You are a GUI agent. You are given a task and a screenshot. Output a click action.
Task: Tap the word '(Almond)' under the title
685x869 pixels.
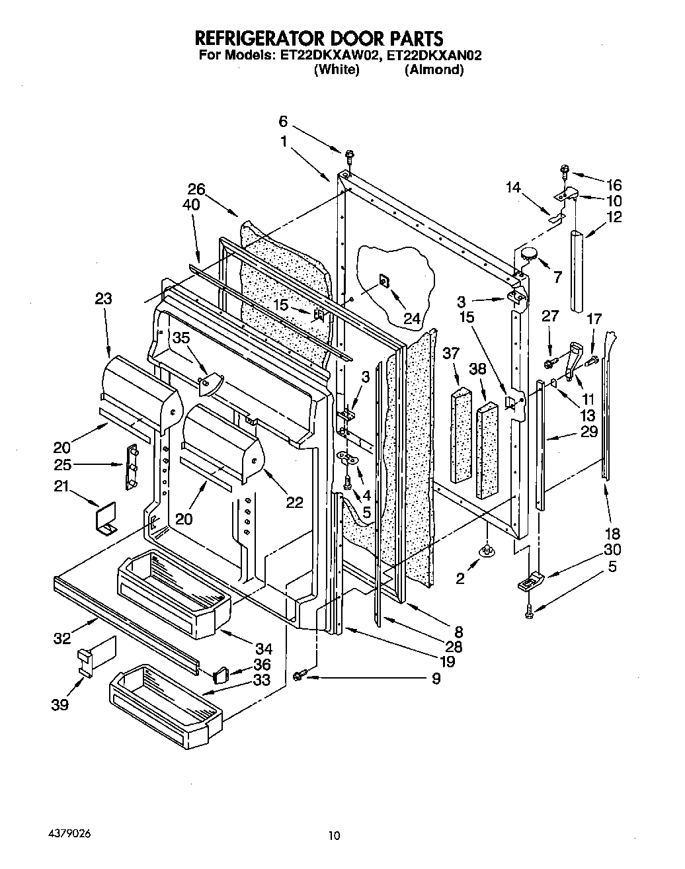[x=434, y=69]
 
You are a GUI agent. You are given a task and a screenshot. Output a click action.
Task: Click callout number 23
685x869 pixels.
[x=103, y=299]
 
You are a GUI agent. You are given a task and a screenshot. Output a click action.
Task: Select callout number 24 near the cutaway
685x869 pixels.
[x=412, y=319]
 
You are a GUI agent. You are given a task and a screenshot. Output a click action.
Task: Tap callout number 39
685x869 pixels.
[x=60, y=705]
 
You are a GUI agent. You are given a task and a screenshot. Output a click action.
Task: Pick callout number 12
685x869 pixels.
[x=614, y=216]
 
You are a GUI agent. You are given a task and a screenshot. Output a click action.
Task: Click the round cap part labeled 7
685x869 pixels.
[x=529, y=253]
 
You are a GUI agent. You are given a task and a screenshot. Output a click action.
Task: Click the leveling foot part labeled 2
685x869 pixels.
[x=487, y=550]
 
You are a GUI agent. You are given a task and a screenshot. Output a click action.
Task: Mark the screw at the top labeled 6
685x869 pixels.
[x=348, y=156]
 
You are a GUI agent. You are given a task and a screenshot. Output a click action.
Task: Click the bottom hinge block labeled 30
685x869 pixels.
[x=530, y=582]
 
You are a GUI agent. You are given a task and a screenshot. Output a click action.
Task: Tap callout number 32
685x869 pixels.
[x=63, y=638]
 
